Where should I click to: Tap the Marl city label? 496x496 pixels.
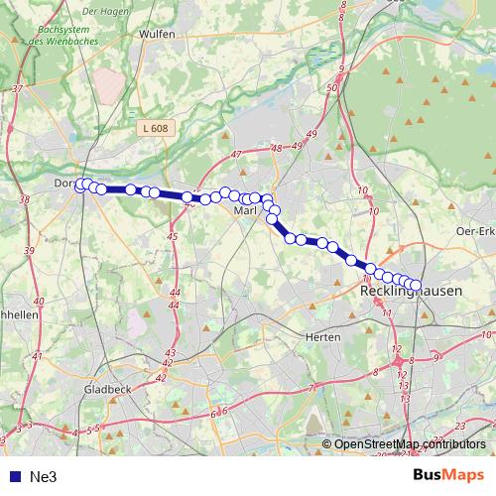click(x=245, y=211)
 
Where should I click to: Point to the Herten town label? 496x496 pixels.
click(x=324, y=337)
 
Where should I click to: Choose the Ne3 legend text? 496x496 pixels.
click(x=44, y=477)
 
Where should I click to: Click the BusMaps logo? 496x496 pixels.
click(x=449, y=476)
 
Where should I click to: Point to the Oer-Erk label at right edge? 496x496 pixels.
click(x=472, y=232)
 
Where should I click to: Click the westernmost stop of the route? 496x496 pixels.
click(x=80, y=184)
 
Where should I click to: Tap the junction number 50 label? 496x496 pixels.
click(x=332, y=88)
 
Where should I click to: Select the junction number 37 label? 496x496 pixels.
click(x=17, y=89)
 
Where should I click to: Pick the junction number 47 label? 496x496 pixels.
click(x=235, y=156)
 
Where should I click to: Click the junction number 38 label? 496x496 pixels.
click(x=25, y=199)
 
